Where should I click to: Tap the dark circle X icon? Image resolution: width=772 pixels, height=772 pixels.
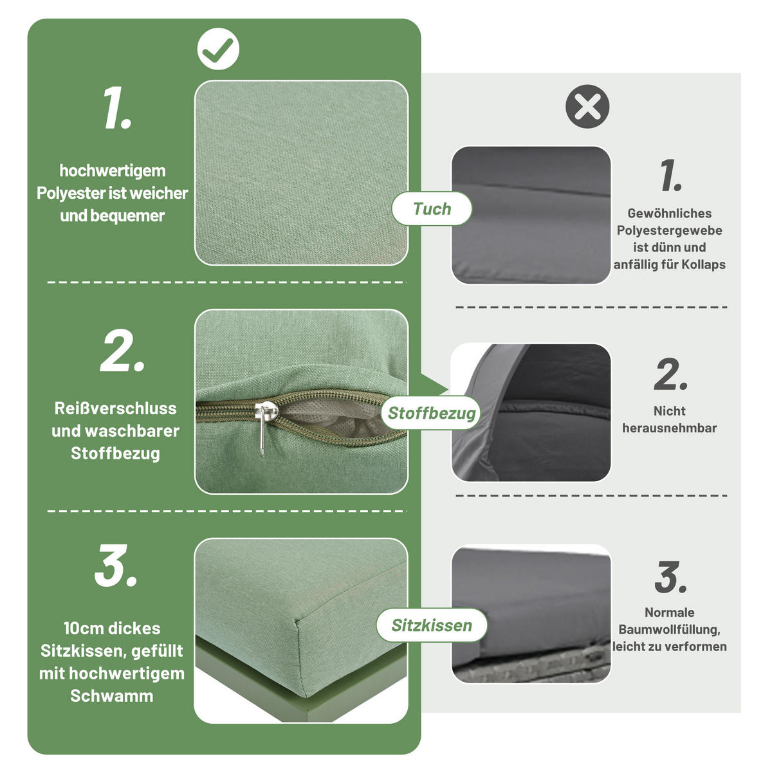587,106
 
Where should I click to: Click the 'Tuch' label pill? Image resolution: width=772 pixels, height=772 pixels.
432,209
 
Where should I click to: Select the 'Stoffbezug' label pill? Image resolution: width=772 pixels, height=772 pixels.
432,413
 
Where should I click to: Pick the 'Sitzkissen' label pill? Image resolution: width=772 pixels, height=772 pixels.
432,625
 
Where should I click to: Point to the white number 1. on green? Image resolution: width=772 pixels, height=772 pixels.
116,109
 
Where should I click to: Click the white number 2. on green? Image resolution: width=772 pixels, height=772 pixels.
122,352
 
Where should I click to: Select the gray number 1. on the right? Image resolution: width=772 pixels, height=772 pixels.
670,176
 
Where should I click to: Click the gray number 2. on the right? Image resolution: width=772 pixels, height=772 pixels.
670,374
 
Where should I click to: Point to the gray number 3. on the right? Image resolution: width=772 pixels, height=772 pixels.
670,577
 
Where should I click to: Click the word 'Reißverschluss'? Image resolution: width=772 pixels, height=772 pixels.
115,409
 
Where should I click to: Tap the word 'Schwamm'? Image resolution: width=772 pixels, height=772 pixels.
112,696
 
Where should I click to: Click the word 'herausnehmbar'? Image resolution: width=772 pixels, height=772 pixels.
669,428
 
